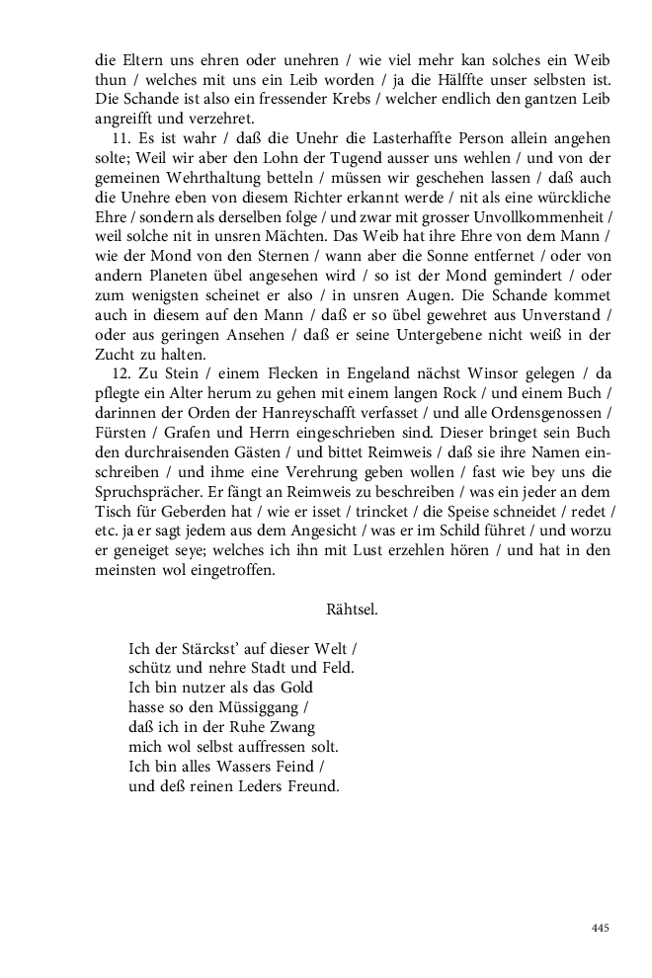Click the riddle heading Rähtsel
pyautogui.click(x=352, y=610)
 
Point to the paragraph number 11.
pyautogui.click(x=119, y=139)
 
